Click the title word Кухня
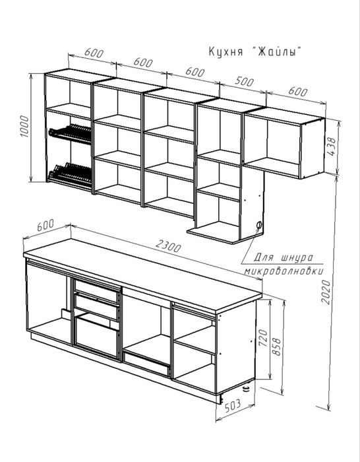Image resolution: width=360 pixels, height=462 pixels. coord(225,52)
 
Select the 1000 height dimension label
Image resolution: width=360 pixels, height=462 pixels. coord(25,127)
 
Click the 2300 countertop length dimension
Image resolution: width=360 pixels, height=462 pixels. coord(168,246)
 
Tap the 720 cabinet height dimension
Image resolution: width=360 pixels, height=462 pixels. coord(263,338)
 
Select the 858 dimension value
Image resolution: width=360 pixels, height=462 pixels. coord(277,346)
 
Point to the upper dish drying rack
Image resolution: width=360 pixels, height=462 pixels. coord(71,134)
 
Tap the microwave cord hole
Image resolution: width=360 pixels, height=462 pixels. coord(259,226)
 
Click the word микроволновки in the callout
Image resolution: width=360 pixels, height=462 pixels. coord(284,271)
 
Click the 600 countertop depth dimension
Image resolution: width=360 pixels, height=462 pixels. coord(45,225)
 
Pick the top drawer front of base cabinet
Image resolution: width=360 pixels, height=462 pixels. coord(96,290)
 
